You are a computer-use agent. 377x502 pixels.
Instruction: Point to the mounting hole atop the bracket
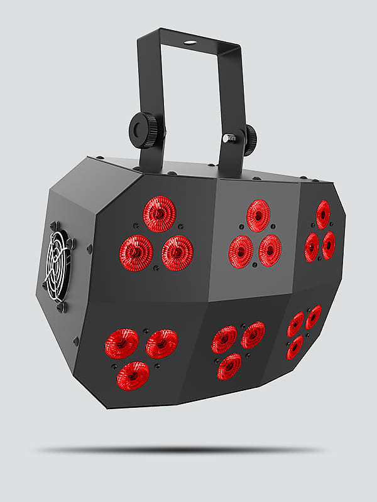[188, 43]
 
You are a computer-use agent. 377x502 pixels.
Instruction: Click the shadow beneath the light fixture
[182, 450]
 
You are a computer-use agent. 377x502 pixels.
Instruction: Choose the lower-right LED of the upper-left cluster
[177, 253]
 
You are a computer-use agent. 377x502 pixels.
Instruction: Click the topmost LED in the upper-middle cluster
[258, 216]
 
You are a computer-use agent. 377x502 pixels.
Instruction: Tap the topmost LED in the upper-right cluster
[323, 215]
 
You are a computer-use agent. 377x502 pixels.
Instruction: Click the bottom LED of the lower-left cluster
[134, 375]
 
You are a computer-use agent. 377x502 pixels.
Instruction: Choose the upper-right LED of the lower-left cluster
[161, 343]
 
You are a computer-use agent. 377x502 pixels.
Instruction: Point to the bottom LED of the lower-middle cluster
[229, 366]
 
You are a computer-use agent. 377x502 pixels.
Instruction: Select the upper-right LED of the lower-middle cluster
[253, 335]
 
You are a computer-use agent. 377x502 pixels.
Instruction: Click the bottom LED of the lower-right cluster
[295, 347]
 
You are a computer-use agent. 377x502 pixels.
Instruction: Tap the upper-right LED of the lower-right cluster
[313, 317]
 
